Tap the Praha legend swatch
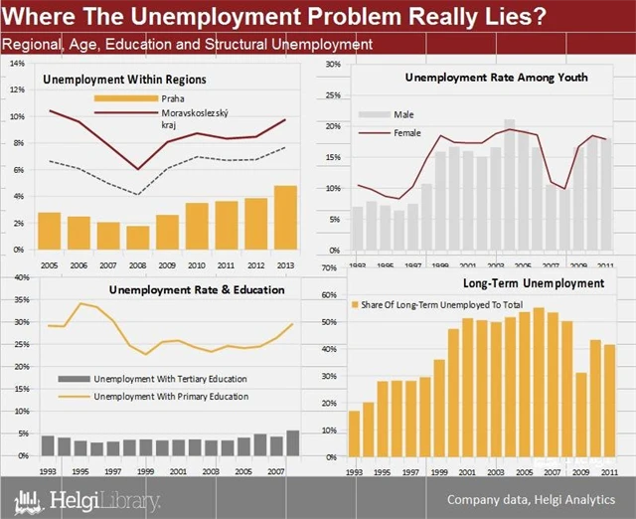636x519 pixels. point(124,98)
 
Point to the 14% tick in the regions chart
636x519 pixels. point(17,63)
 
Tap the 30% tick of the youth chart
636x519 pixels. point(333,64)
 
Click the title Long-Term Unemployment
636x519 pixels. point(533,283)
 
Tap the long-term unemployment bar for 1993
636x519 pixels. point(355,433)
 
